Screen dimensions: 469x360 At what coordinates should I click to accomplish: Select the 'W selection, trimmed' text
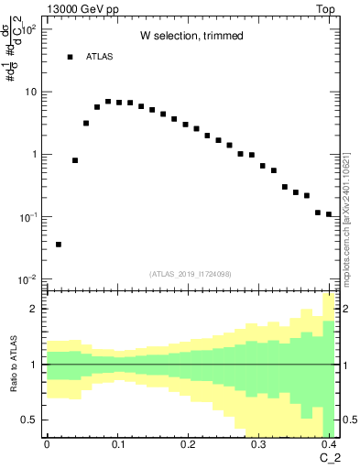[191, 36]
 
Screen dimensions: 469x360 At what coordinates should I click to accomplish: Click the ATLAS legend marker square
[70, 57]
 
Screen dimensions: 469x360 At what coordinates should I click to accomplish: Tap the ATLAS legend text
[100, 57]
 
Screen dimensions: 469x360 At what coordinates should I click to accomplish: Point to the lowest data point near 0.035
[59, 245]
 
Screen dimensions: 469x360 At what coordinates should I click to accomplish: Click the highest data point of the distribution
[108, 102]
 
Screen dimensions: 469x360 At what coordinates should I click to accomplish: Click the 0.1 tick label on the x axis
[117, 443]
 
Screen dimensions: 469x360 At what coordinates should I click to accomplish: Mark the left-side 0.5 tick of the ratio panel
[31, 420]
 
